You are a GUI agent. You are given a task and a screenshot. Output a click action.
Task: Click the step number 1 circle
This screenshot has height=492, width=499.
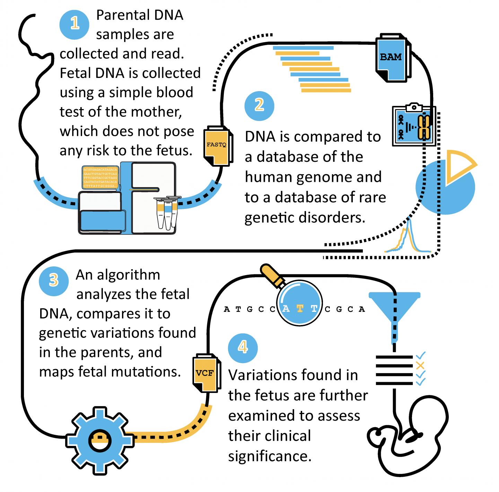coord(75,24)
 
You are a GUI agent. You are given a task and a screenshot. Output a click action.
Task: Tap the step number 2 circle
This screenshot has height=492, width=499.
coord(259,105)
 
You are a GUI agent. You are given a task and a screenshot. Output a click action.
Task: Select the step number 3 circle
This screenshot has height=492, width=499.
coord(54,281)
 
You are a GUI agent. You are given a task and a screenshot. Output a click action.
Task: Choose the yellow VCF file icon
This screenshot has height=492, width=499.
coord(205,374)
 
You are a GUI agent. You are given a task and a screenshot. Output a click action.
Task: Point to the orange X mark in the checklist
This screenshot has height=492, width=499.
coord(420,365)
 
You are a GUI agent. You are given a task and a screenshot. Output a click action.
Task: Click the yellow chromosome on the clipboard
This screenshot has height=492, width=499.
coord(424,127)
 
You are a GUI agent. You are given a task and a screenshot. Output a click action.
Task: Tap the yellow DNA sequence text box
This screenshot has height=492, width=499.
coord(100,178)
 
